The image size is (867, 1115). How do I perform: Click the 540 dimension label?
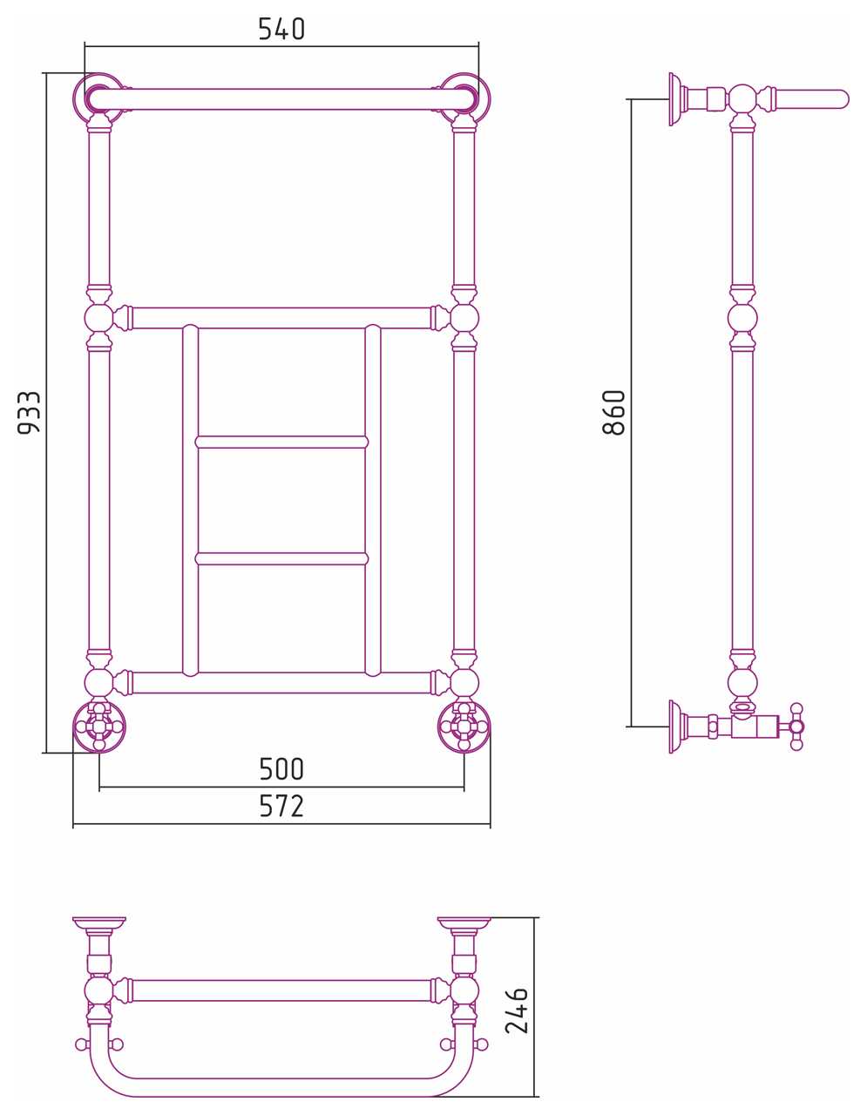coord(281,29)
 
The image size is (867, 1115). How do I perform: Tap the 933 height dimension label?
coord(29,413)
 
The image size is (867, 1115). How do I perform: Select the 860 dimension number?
coord(613,413)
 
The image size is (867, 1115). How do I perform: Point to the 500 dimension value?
coord(281,769)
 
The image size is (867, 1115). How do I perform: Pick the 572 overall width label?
coord(281,806)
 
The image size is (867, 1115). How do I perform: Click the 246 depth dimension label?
coord(516,1010)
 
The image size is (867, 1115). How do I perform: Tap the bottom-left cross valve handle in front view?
coord(99,726)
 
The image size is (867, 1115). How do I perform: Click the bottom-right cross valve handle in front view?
coord(464,726)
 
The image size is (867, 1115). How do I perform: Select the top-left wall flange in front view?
coord(98,98)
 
